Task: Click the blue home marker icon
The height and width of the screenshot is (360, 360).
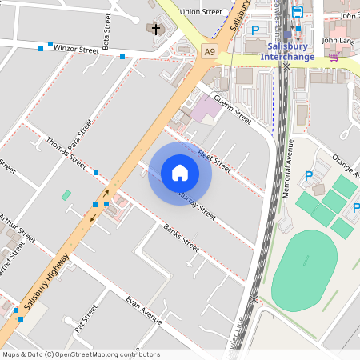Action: (x=180, y=173)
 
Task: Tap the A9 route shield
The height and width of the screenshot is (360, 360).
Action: (x=209, y=51)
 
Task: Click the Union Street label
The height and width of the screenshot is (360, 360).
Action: (x=201, y=12)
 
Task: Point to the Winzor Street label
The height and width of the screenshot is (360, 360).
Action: (x=76, y=49)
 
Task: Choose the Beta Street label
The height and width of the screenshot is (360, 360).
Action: (x=106, y=30)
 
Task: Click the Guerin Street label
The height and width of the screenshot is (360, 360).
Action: (x=233, y=110)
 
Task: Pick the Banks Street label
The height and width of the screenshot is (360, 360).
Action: (x=181, y=238)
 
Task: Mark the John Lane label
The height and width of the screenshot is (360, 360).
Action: (x=338, y=40)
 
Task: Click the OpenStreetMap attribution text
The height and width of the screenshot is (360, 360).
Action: (x=80, y=354)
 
